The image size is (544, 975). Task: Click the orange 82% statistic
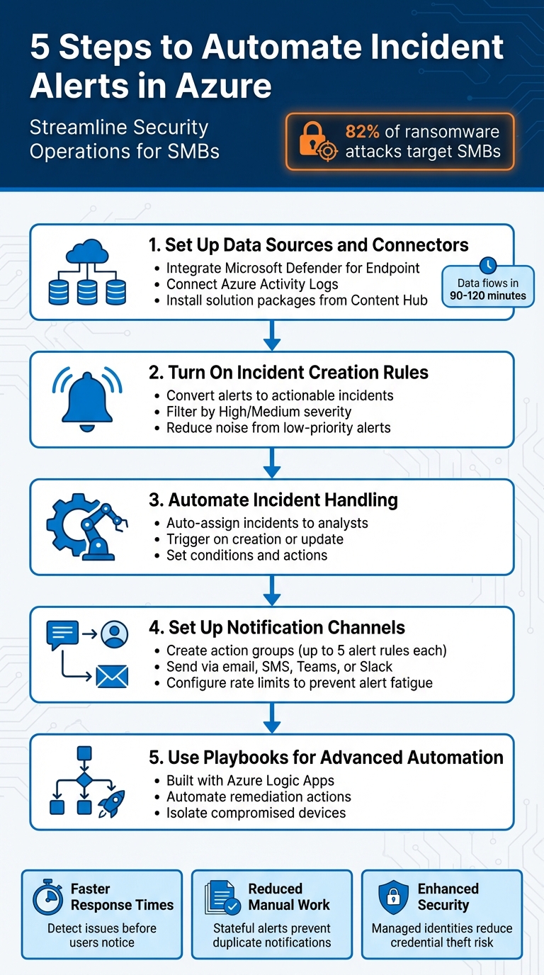[x=362, y=132]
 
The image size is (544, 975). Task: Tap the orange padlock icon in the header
[x=317, y=142]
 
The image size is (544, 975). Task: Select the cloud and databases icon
[x=87, y=273]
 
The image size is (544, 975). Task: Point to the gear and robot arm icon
[x=87, y=527]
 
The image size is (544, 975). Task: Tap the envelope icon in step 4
[x=111, y=677]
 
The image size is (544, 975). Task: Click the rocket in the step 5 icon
[x=113, y=803]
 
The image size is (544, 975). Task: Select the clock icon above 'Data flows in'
[x=488, y=266]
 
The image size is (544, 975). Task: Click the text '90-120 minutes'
[x=488, y=295]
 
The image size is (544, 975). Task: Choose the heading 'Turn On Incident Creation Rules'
[x=298, y=373]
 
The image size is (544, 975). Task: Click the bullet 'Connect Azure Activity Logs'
[x=252, y=284]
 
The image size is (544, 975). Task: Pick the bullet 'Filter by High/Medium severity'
[x=259, y=412]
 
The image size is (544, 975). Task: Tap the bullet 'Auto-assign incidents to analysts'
[x=267, y=523]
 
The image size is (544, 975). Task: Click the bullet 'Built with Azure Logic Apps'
[x=249, y=780]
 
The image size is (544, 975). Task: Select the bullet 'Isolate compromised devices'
[x=256, y=813]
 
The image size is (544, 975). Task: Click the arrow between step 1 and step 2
[x=272, y=336]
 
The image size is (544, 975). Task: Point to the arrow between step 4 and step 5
[x=272, y=718]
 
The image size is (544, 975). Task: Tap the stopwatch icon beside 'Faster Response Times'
[x=48, y=898]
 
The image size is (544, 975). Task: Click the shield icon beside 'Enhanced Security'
[x=393, y=898]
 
